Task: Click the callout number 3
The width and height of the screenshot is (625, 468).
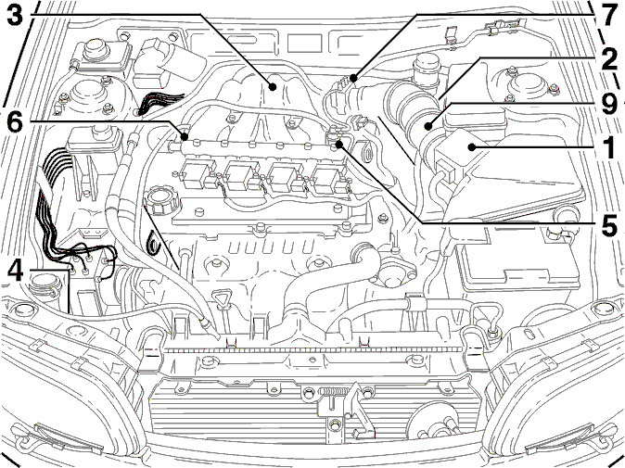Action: (16, 16)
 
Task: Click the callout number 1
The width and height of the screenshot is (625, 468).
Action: (607, 148)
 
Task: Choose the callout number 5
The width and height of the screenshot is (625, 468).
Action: (607, 225)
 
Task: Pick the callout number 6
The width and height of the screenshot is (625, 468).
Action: (16, 122)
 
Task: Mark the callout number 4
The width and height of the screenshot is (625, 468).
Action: (16, 271)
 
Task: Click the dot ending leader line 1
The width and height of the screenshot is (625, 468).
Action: (472, 147)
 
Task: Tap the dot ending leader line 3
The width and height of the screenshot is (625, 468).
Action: (273, 86)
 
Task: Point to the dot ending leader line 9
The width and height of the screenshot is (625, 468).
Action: (428, 127)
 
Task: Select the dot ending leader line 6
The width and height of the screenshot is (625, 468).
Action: (184, 137)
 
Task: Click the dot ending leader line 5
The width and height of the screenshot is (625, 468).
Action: (338, 145)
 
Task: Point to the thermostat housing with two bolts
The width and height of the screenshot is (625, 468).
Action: (392, 271)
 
